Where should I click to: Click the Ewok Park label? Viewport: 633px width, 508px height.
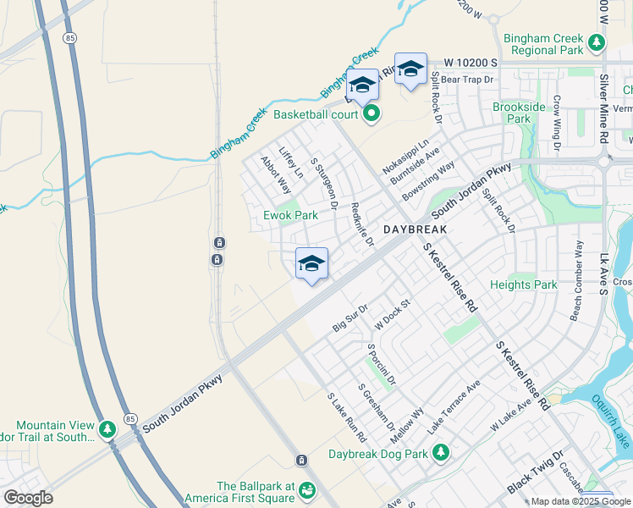(x=290, y=215)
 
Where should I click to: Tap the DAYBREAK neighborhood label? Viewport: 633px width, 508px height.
(x=415, y=229)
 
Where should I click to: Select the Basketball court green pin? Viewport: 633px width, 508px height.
(x=371, y=114)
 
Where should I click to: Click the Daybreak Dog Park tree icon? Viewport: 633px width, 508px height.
(x=440, y=454)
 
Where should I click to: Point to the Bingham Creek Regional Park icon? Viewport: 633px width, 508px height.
(x=597, y=41)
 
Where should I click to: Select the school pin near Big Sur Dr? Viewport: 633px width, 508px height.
(x=311, y=264)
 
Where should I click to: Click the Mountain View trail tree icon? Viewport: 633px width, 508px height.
(x=107, y=430)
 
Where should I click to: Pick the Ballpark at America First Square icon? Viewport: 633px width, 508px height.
(x=306, y=490)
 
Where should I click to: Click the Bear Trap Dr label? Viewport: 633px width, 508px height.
(x=466, y=79)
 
